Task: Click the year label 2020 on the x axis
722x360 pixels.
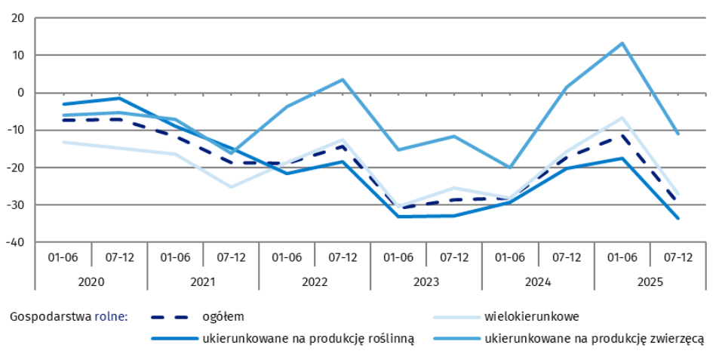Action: pos(91,281)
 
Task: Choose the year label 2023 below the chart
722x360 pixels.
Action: pos(426,281)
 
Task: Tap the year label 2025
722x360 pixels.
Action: pos(650,281)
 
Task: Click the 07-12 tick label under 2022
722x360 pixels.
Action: pos(343,257)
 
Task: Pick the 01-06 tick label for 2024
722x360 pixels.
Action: pos(510,257)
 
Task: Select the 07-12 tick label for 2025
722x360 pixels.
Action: pos(677,257)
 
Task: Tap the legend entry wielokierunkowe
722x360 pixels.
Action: pos(532,316)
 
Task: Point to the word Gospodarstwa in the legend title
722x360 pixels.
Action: pos(50,316)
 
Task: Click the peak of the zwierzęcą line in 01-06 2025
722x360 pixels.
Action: pos(622,43)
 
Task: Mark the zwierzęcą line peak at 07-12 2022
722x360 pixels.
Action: pos(343,79)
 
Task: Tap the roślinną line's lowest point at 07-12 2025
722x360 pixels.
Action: pos(678,218)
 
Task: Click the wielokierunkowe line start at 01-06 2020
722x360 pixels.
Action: pos(64,142)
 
